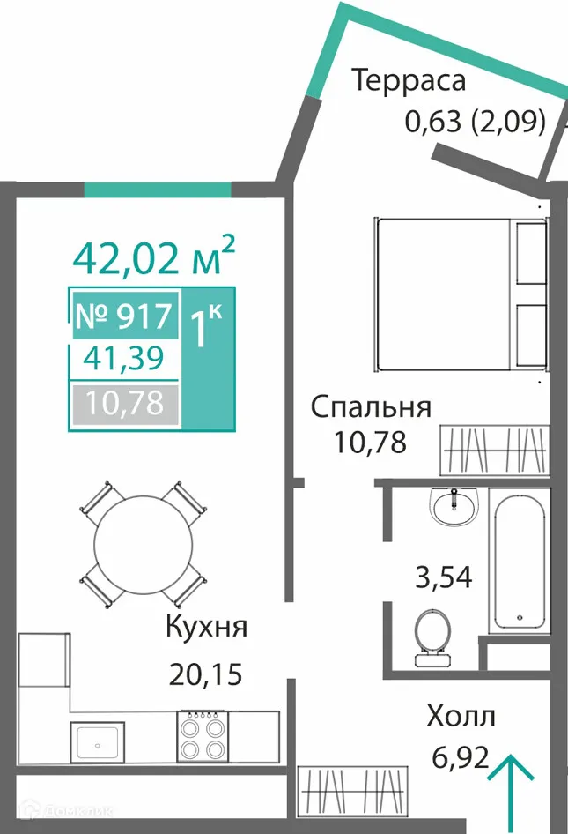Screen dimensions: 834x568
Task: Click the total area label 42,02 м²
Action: pyautogui.click(x=154, y=256)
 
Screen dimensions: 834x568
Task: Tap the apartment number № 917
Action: pyautogui.click(x=126, y=314)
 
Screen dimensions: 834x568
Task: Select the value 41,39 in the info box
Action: pyautogui.click(x=126, y=360)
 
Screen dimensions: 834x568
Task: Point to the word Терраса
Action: pyautogui.click(x=409, y=80)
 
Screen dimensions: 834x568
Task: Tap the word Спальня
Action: pyautogui.click(x=371, y=407)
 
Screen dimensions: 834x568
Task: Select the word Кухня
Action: pyautogui.click(x=206, y=628)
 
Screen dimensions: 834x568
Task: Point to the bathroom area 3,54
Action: pyautogui.click(x=444, y=577)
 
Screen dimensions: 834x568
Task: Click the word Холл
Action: pyautogui.click(x=461, y=716)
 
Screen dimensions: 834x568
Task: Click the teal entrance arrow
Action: pyautogui.click(x=511, y=785)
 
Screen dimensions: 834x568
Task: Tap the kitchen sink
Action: pyautogui.click(x=98, y=741)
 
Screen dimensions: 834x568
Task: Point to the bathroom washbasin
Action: pyautogui.click(x=454, y=507)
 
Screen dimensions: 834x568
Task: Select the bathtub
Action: pyautogui.click(x=522, y=564)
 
